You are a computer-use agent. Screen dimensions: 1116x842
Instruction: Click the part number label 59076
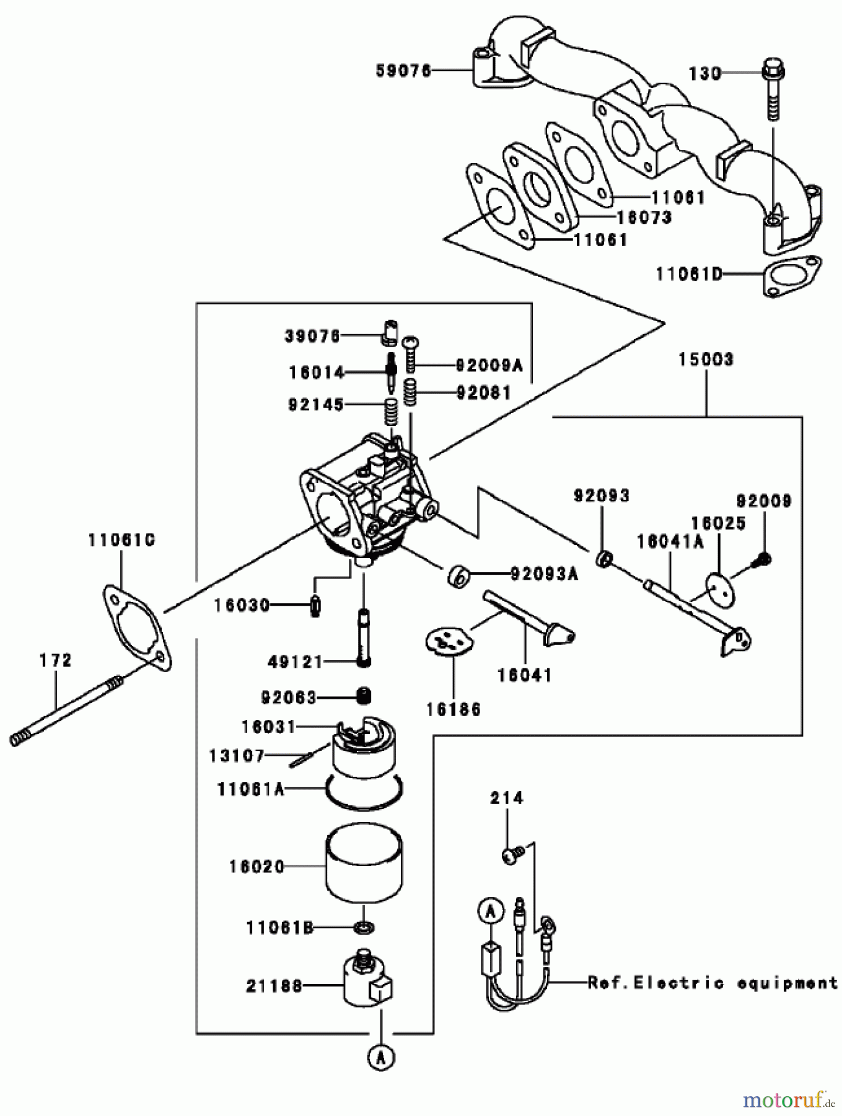403,71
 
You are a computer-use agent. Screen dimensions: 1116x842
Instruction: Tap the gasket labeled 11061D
791,277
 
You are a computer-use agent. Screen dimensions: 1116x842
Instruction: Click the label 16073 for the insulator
644,218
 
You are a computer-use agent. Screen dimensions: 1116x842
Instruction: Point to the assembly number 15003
705,360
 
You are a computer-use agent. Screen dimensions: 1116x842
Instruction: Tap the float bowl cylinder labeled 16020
364,862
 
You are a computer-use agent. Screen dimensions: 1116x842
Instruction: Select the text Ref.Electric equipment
712,983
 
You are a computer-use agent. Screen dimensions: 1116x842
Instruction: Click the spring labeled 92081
411,392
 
